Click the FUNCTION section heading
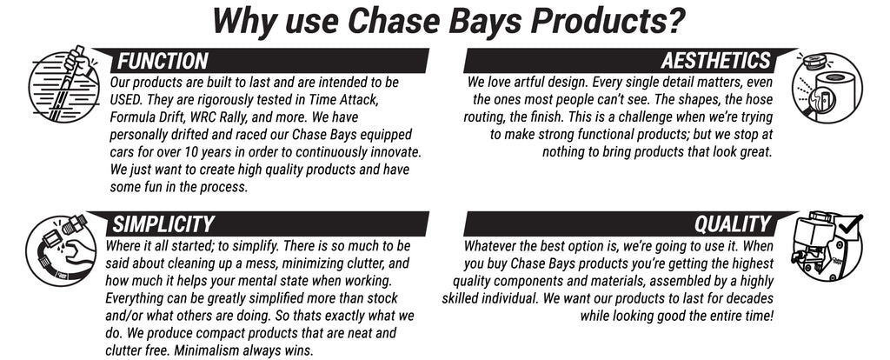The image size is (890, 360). pos(163,61)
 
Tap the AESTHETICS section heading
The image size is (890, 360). pos(716,61)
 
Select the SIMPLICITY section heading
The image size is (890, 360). pos(163,224)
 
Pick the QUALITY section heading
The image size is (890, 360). pos(733,224)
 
